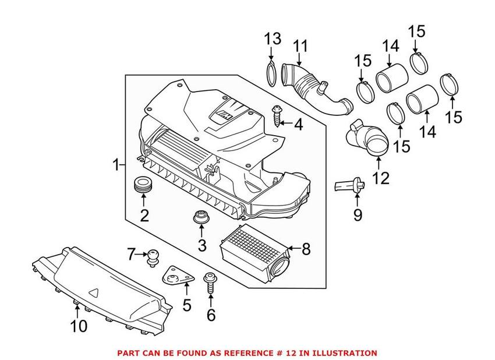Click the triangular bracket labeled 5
tap(176, 278)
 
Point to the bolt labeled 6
tap(210, 285)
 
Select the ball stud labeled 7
tap(153, 256)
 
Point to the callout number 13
tap(273, 40)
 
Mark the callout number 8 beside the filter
tap(306, 249)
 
